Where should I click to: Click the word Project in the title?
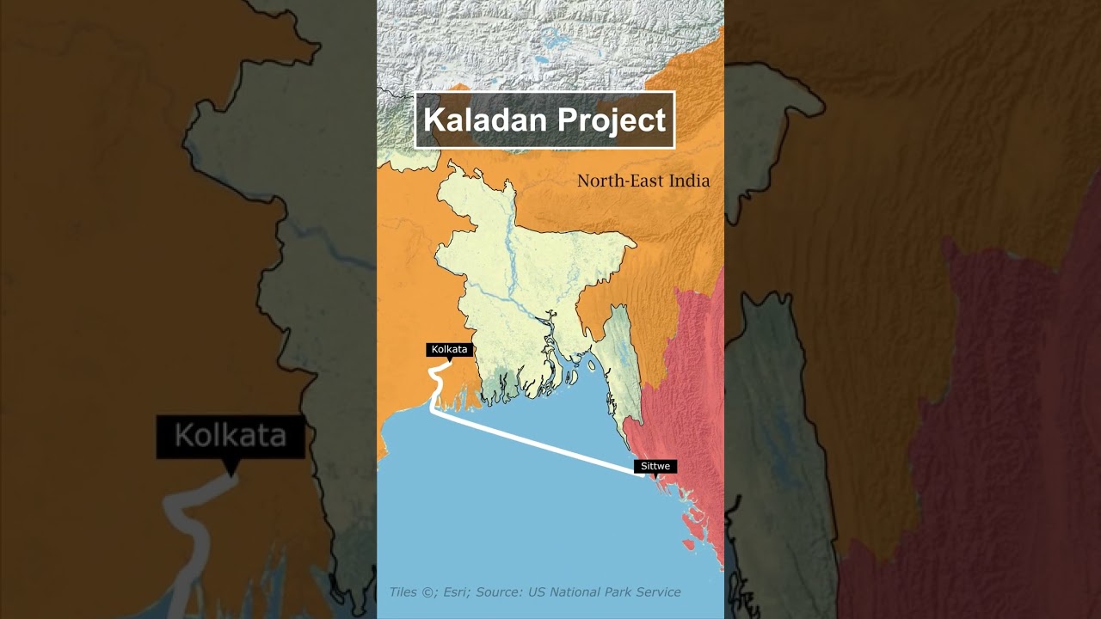click(609, 120)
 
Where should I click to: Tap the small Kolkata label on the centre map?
click(449, 349)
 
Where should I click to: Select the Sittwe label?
click(655, 466)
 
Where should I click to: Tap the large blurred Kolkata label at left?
click(231, 436)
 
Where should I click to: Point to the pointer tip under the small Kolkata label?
click(450, 359)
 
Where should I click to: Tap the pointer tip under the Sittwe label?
click(655, 475)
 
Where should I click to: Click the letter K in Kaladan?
click(433, 120)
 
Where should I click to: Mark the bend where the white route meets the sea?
click(433, 410)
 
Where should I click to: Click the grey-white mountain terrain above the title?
click(550, 43)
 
